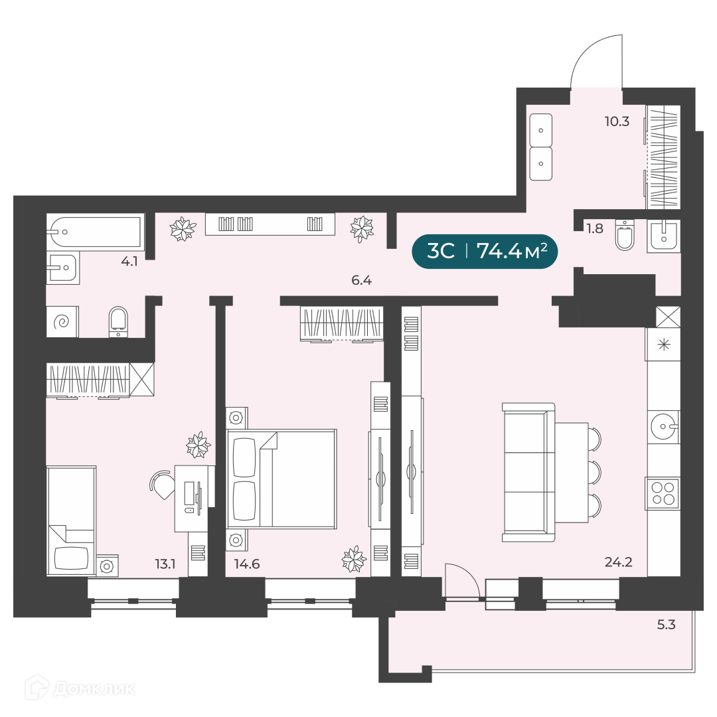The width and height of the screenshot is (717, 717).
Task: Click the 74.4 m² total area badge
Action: (x=485, y=251)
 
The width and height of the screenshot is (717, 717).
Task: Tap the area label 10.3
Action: (x=617, y=121)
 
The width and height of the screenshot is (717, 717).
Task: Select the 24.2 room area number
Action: (x=618, y=562)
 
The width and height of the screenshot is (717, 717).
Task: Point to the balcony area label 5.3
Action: (x=667, y=625)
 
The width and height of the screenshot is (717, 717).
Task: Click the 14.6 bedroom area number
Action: (x=247, y=564)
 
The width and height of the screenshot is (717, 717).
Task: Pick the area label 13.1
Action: (x=165, y=564)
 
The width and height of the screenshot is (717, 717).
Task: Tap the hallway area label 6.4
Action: (x=361, y=280)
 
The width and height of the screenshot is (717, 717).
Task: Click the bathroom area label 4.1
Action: (x=129, y=262)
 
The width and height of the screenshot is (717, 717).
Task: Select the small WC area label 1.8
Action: (x=595, y=228)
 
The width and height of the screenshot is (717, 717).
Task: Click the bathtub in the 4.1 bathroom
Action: (x=96, y=232)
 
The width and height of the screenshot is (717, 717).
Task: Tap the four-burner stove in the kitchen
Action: (x=663, y=493)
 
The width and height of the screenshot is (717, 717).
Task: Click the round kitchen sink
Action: (x=663, y=427)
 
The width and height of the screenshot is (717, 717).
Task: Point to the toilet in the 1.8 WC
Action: (x=625, y=234)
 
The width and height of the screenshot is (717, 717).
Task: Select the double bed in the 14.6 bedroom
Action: (x=281, y=479)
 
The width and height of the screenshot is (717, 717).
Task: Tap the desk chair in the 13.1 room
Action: (x=162, y=485)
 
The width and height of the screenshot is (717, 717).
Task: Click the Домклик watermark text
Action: (x=94, y=688)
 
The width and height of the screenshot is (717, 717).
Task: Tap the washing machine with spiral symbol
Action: (x=62, y=322)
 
